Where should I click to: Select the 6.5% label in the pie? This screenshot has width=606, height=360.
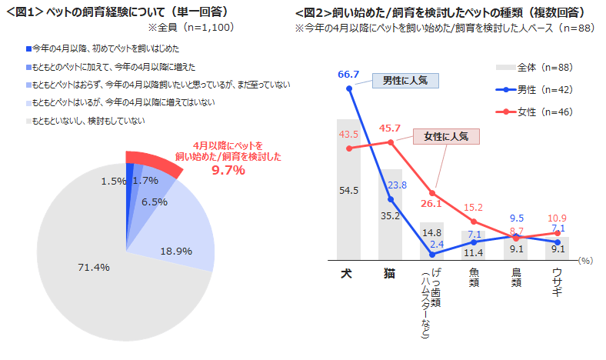[x=155, y=202]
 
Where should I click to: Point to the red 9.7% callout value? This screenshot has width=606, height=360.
[x=228, y=170]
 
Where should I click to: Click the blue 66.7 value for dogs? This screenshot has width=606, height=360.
[x=348, y=74]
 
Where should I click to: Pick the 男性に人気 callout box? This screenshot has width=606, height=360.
[x=405, y=80]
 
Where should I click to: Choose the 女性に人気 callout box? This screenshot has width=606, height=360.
[x=447, y=137]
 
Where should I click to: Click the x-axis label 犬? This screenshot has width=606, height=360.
[x=348, y=272]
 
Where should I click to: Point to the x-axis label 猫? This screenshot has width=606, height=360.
[x=391, y=272]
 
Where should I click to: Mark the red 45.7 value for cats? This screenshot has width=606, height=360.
[x=390, y=128]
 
